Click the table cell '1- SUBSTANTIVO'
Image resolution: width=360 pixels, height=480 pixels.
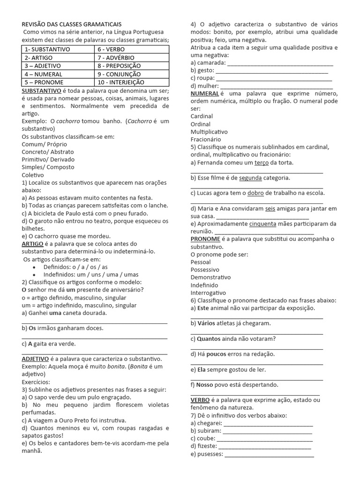pyautogui.click(x=58, y=49)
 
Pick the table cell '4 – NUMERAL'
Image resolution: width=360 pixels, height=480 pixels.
pyautogui.click(x=58, y=74)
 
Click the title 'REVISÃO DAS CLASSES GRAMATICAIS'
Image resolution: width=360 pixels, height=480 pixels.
pyautogui.click(x=72, y=24)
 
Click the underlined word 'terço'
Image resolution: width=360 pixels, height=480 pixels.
pyautogui.click(x=262, y=162)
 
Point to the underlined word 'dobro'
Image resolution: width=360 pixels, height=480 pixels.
pyautogui.click(x=256, y=193)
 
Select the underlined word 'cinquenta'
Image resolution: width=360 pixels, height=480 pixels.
pyautogui.click(x=262, y=224)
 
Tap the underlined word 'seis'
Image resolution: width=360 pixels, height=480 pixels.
pyautogui.click(x=270, y=209)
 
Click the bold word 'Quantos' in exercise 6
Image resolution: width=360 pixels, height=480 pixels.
pyautogui.click(x=208, y=338)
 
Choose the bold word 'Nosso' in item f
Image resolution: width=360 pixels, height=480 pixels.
pyautogui.click(x=204, y=384)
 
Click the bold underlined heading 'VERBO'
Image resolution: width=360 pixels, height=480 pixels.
pyautogui.click(x=200, y=400)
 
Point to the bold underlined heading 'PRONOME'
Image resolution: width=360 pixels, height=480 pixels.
pyautogui.click(x=205, y=239)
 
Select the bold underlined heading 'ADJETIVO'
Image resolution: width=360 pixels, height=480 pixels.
pyautogui.click(x=38, y=359)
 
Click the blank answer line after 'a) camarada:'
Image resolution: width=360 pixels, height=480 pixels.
pyautogui.click(x=280, y=63)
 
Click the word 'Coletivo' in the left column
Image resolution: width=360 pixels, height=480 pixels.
pyautogui.click(x=33, y=175)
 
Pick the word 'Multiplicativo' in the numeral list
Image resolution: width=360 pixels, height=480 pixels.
pyautogui.click(x=209, y=132)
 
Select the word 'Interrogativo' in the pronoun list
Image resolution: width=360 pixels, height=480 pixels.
pyautogui.click(x=208, y=292)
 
